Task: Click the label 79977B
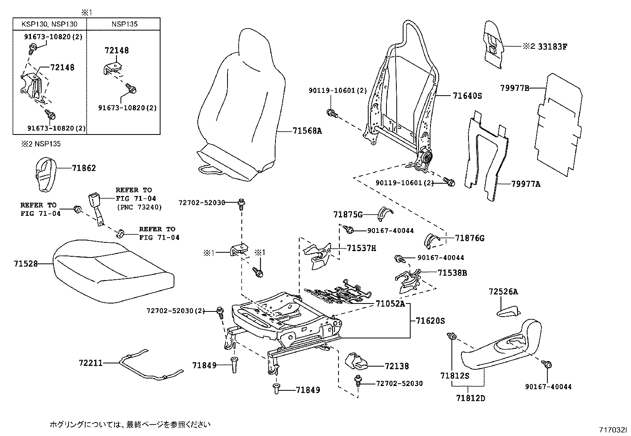tap(514, 88)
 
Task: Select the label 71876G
tap(470, 238)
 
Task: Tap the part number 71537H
tap(361, 248)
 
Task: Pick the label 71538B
tap(452, 273)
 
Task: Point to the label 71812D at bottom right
tap(470, 398)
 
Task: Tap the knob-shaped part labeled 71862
tap(44, 173)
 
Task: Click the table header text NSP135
tap(124, 24)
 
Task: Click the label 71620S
tap(430, 321)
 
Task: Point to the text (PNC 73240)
tap(139, 207)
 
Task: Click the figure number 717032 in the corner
tap(613, 430)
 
